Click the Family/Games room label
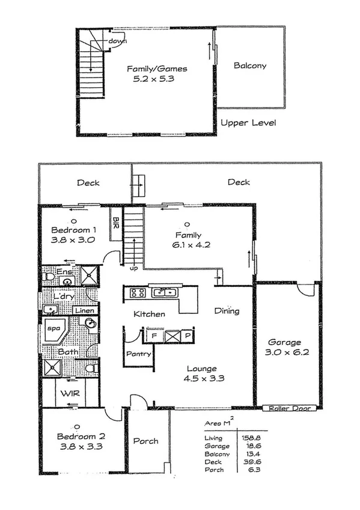(x=157, y=69)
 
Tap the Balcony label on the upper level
(x=249, y=66)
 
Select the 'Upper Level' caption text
(x=248, y=123)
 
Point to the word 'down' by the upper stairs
(x=117, y=41)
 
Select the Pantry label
(x=138, y=354)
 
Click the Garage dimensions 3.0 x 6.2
(x=287, y=352)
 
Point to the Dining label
(x=227, y=311)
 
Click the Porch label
(x=145, y=441)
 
